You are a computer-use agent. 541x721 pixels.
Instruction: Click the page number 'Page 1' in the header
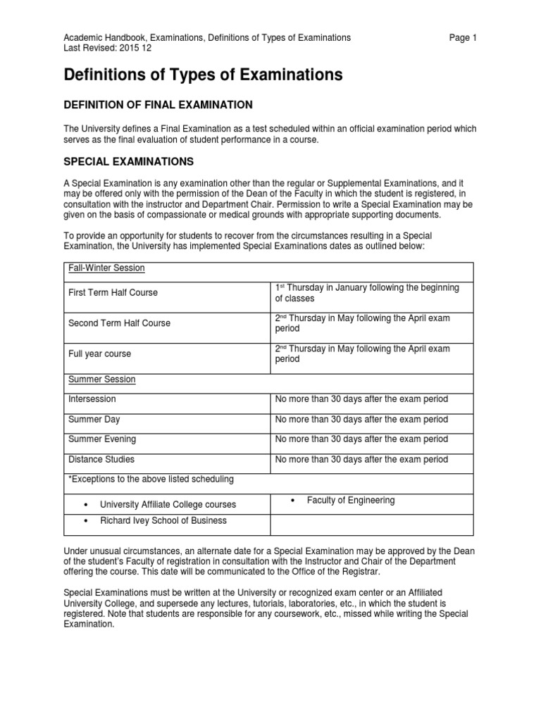pyautogui.click(x=463, y=38)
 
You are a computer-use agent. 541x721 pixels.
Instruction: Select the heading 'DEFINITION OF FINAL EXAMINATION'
pyautogui.click(x=158, y=105)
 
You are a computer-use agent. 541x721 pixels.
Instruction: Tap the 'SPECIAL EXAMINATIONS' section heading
pyautogui.click(x=128, y=162)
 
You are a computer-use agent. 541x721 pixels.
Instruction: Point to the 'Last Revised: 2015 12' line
pyautogui.click(x=107, y=49)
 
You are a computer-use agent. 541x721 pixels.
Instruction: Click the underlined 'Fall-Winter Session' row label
pyautogui.click(x=106, y=268)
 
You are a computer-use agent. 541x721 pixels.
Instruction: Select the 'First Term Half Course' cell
pyautogui.click(x=113, y=293)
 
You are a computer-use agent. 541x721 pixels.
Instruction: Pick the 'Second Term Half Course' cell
pyautogui.click(x=119, y=323)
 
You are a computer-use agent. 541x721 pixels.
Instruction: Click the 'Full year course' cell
pyautogui.click(x=99, y=353)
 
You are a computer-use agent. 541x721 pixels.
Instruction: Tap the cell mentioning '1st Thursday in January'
pyautogui.click(x=366, y=293)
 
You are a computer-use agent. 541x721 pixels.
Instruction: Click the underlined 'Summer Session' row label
pyautogui.click(x=101, y=380)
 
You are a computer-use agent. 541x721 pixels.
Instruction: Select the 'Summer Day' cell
pyautogui.click(x=94, y=419)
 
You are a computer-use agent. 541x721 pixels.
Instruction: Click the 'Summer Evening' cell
pyautogui.click(x=102, y=439)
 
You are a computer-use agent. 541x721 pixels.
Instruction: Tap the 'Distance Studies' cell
pyautogui.click(x=101, y=459)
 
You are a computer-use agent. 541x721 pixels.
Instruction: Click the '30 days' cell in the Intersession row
pyautogui.click(x=361, y=399)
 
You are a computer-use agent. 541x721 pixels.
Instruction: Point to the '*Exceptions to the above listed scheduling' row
pyautogui.click(x=151, y=479)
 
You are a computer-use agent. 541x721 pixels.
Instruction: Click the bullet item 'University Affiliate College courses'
pyautogui.click(x=168, y=504)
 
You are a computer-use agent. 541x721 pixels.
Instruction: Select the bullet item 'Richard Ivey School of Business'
pyautogui.click(x=163, y=521)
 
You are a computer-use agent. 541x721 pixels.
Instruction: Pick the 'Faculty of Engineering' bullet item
pyautogui.click(x=350, y=500)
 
